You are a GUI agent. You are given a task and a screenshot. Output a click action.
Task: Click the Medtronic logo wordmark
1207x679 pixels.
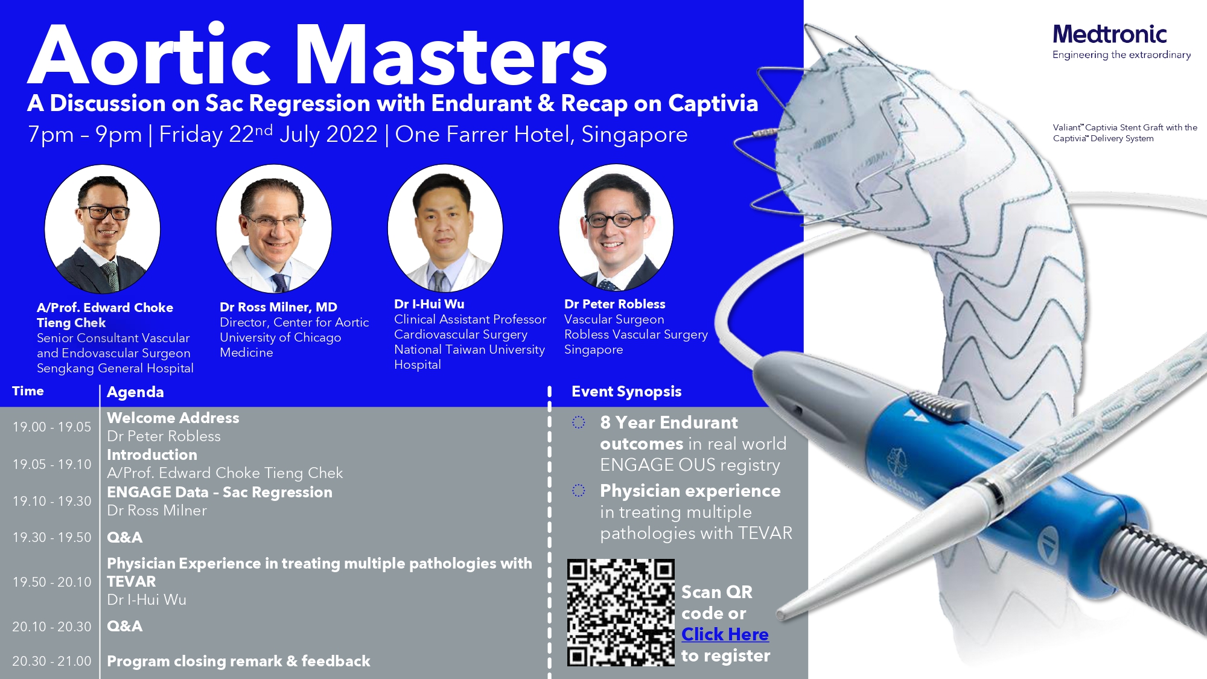1109,34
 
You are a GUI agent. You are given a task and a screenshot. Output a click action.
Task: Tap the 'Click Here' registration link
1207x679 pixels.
725,634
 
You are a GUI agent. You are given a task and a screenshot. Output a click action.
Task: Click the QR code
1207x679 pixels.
620,612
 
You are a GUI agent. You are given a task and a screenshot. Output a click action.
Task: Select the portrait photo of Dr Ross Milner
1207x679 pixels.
274,229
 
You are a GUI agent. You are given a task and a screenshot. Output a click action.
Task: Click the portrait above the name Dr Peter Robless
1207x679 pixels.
616,227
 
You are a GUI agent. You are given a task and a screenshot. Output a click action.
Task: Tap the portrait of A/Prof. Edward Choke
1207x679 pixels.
103,229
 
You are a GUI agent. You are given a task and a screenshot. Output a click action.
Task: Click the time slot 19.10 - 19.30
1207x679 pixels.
52,501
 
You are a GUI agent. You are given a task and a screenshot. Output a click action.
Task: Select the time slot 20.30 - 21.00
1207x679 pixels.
52,661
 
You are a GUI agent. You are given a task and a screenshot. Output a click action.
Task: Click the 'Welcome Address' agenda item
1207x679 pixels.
173,418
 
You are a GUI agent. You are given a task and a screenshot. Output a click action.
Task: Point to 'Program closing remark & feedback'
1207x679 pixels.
238,661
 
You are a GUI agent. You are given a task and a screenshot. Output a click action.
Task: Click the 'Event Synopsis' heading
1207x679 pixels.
626,392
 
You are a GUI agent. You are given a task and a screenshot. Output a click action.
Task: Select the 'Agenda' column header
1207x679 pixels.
135,392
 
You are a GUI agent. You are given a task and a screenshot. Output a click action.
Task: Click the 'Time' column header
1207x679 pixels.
28,391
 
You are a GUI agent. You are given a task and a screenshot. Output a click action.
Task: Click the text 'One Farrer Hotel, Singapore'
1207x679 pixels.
541,134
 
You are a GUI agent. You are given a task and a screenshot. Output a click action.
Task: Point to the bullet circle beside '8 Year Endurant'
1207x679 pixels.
579,422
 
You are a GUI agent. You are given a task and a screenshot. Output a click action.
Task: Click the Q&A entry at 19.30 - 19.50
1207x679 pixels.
125,537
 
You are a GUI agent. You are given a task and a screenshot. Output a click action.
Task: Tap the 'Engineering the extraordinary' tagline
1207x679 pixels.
1121,55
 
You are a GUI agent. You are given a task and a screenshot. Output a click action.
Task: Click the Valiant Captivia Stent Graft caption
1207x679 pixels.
1125,133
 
